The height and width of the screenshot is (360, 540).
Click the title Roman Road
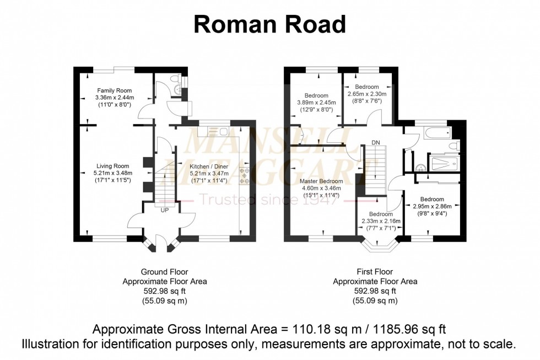tap(269, 25)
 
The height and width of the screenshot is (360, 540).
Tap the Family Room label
tap(114, 90)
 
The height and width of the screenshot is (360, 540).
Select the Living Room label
tap(112, 166)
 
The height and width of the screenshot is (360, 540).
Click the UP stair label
tap(165, 210)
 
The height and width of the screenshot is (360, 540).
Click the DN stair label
tap(375, 143)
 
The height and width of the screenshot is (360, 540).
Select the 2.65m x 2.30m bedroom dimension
tap(367, 94)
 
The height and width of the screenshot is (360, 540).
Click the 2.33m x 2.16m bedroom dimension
tap(381, 222)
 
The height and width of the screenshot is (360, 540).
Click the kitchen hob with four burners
tap(245, 175)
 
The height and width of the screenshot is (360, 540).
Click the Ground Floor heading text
tap(164, 272)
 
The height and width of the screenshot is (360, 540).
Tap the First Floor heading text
tap(375, 272)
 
